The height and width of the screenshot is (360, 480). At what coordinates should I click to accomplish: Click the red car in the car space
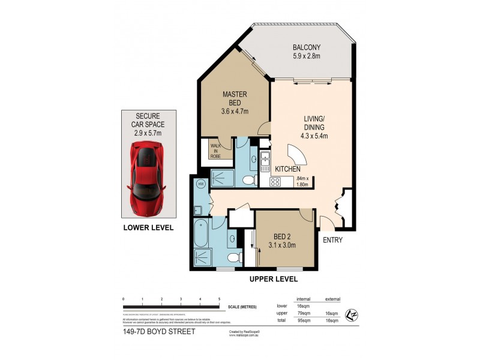pyautogui.click(x=147, y=174)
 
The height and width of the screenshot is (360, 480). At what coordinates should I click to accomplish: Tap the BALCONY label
pyautogui.click(x=307, y=47)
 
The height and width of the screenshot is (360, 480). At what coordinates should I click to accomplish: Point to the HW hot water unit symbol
pyautogui.click(x=201, y=184)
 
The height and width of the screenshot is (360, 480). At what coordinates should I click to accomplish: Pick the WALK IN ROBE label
pyautogui.click(x=215, y=150)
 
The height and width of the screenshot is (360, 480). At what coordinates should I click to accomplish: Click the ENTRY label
pyautogui.click(x=334, y=240)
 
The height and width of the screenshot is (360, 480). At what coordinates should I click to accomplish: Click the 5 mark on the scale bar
pyautogui.click(x=219, y=299)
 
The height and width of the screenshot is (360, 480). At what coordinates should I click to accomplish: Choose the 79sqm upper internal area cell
pyautogui.click(x=302, y=313)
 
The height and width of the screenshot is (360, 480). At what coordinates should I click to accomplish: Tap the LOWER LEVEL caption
pyautogui.click(x=148, y=227)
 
